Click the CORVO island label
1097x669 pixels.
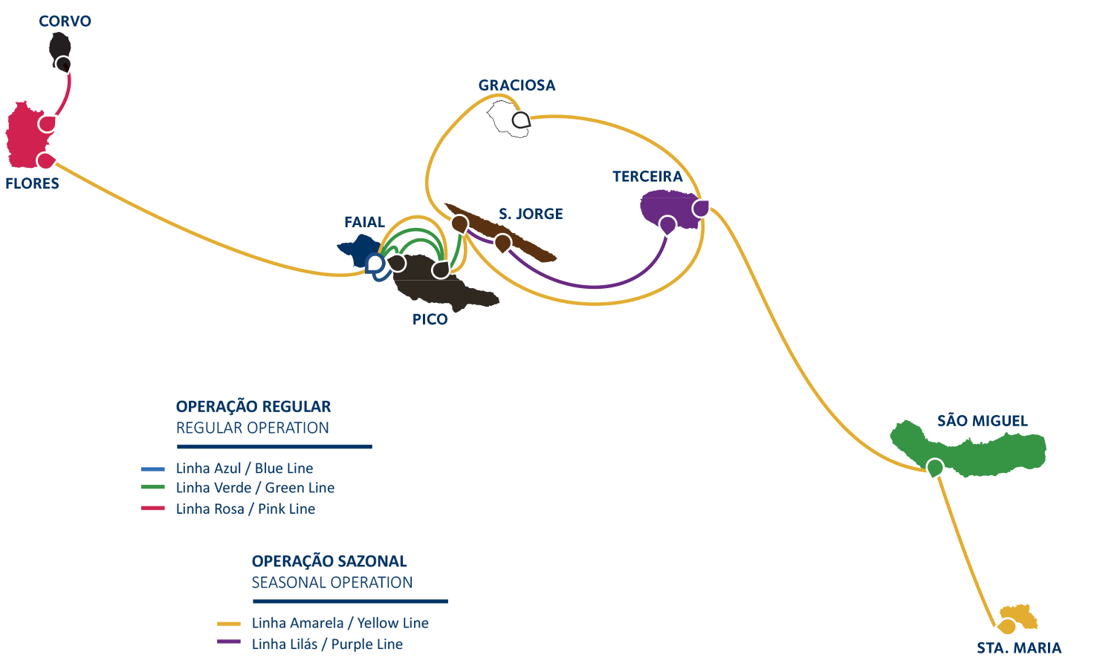click(65, 22)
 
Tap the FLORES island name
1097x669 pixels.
click(32, 183)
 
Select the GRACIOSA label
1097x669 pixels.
click(517, 85)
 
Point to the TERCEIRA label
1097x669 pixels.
click(647, 177)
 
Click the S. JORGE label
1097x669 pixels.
click(531, 214)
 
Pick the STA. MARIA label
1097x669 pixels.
click(1019, 648)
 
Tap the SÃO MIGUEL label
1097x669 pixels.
click(982, 421)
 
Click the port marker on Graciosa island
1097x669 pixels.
click(521, 120)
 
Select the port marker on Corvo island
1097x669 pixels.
click(63, 64)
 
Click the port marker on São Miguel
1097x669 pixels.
click(935, 468)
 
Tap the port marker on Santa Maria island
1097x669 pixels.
click(1007, 626)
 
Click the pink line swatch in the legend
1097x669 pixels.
click(153, 509)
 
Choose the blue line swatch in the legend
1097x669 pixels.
click(153, 469)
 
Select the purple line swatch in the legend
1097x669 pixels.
click(229, 642)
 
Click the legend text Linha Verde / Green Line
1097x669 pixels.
click(255, 488)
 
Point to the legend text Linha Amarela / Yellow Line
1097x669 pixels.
click(340, 623)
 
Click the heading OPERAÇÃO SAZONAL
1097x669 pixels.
click(329, 561)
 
